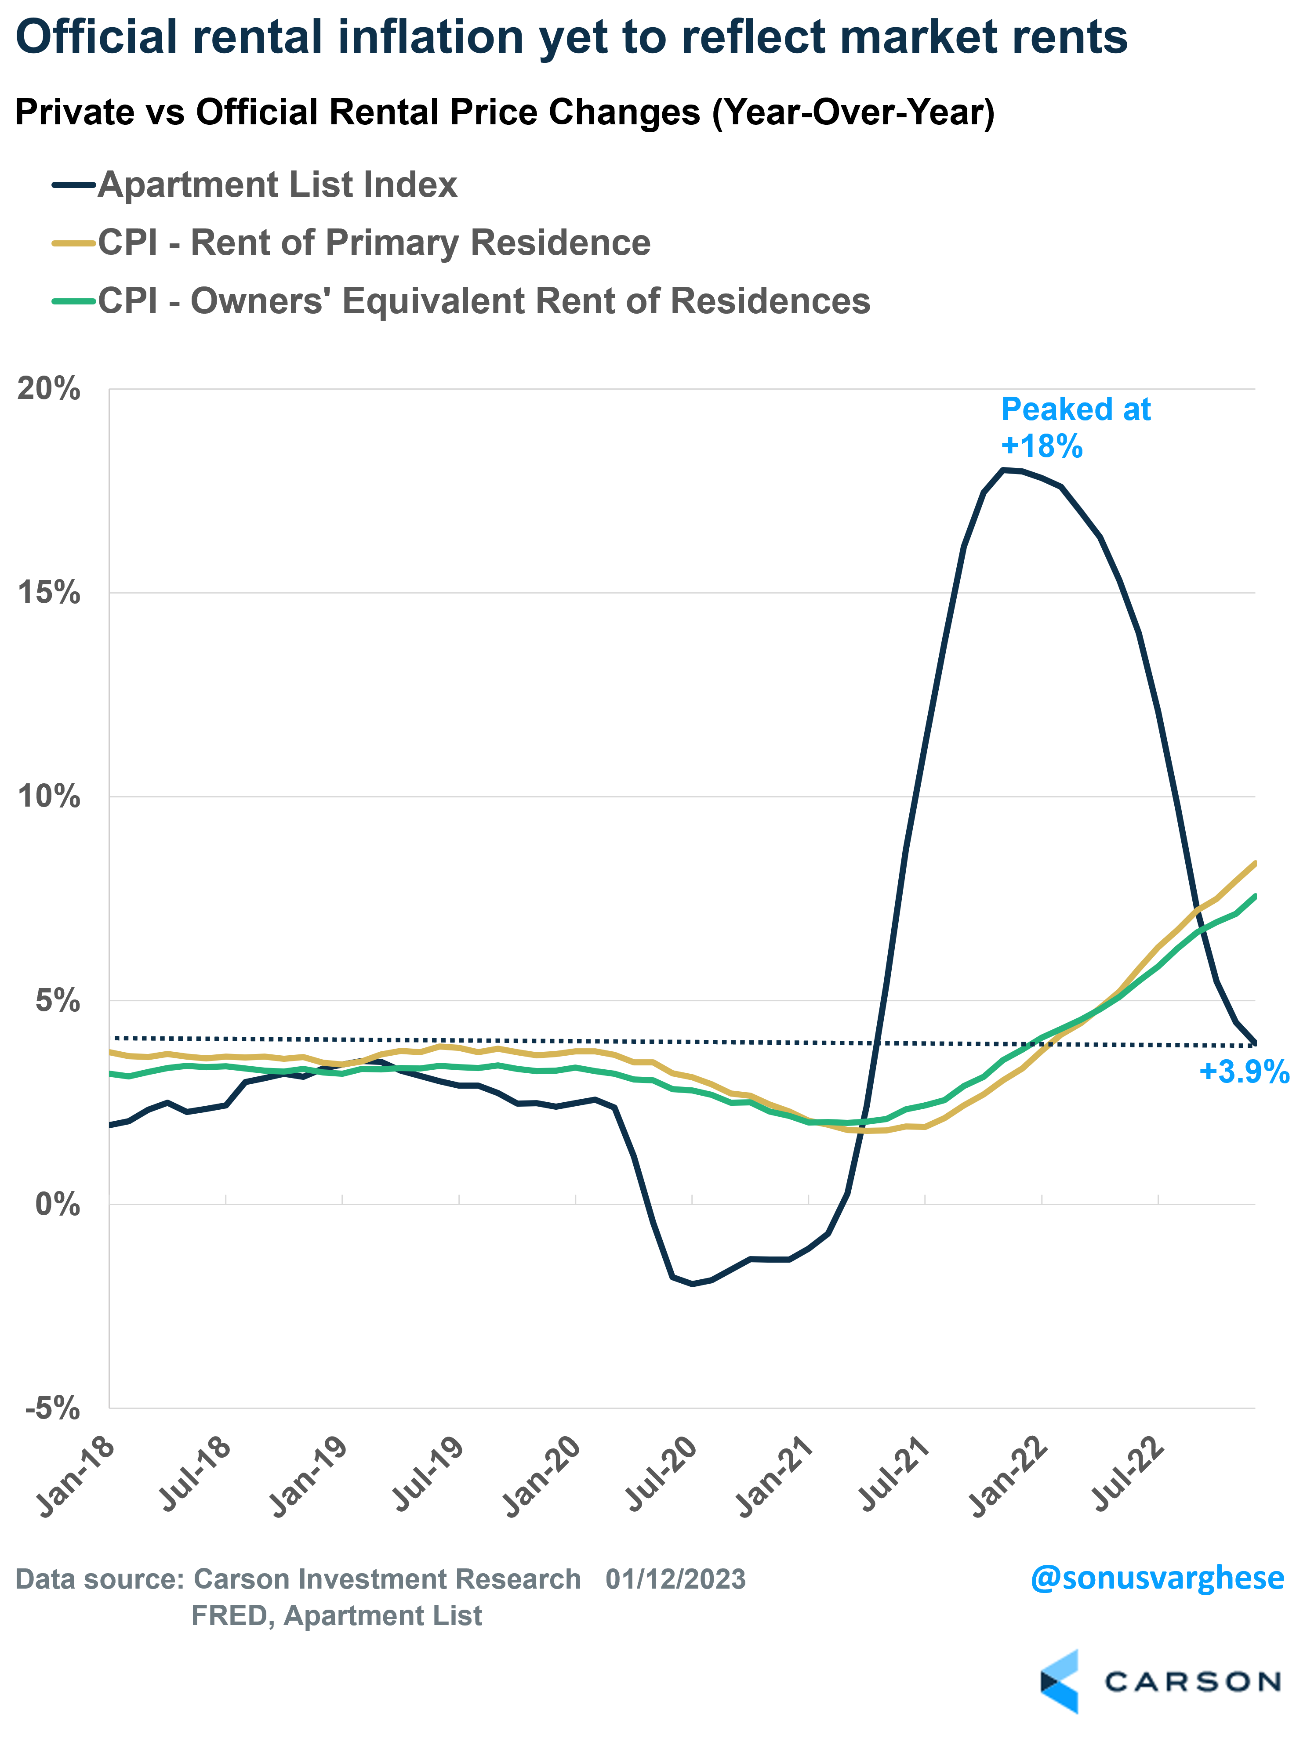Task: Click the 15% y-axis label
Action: (49, 593)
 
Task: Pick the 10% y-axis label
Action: (49, 796)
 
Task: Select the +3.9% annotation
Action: (1244, 1072)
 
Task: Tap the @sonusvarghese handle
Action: (1157, 1578)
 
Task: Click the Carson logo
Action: (1160, 1681)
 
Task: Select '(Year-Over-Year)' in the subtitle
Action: (853, 112)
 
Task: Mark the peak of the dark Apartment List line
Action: (1003, 470)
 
